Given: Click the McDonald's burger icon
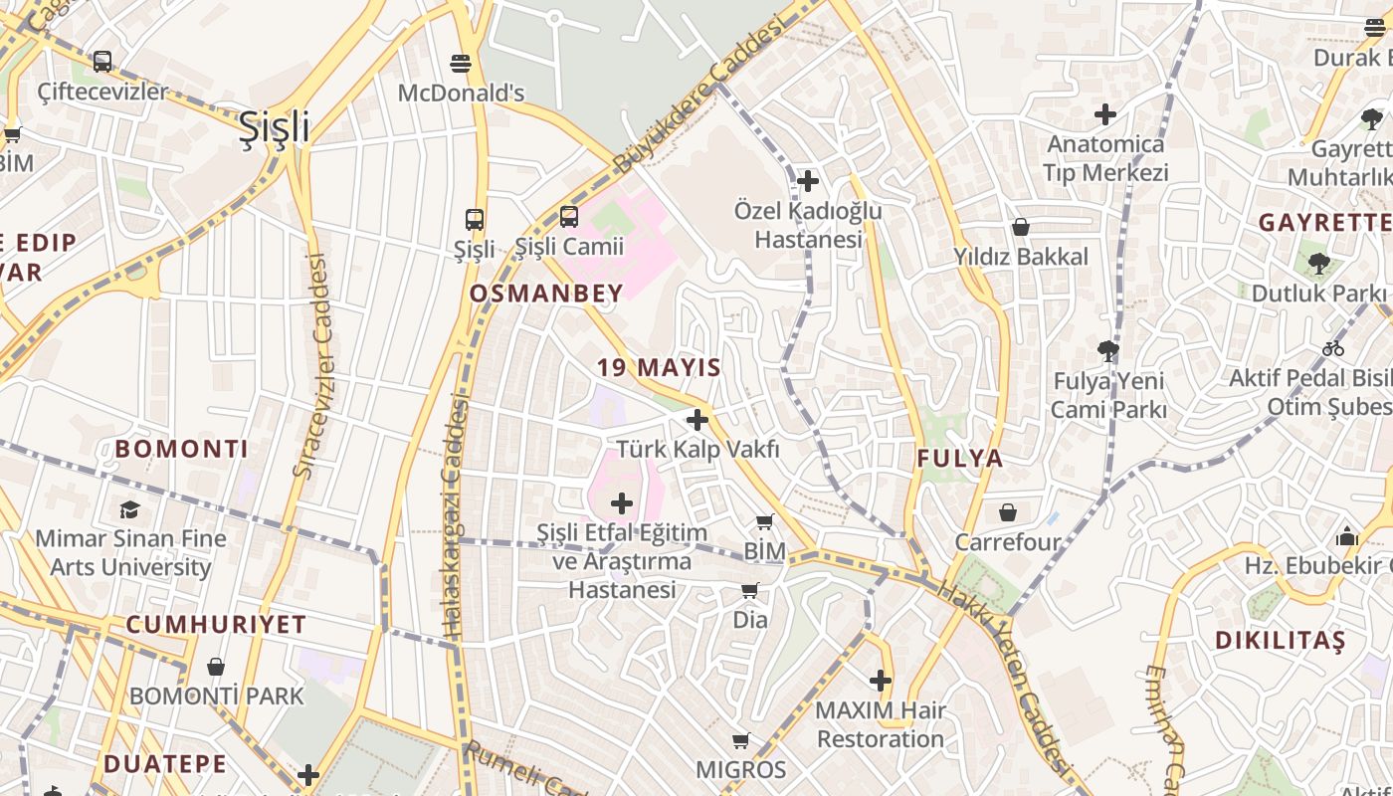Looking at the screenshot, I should (x=460, y=64).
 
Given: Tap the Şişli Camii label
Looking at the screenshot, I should (x=569, y=247).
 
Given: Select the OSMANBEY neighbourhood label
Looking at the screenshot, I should (x=546, y=294).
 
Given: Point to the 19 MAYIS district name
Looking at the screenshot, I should (x=659, y=367).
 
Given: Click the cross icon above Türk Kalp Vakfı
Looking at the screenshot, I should (x=697, y=420).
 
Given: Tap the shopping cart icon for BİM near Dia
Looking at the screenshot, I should (x=764, y=522).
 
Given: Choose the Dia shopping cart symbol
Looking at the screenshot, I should (x=750, y=591).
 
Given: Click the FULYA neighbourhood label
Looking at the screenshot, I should (x=959, y=459).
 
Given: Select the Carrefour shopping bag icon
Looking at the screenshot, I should (x=1008, y=512).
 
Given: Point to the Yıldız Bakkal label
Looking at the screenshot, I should (x=1021, y=257).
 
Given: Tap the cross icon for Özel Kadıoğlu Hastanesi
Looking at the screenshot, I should (x=808, y=181).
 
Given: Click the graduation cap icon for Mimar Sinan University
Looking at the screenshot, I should (x=130, y=510).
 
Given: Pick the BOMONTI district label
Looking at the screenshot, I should (x=181, y=449).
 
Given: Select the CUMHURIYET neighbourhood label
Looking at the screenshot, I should (x=216, y=625).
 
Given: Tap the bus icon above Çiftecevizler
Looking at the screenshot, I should (x=102, y=62).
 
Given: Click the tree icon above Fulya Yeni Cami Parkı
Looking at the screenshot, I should (x=1107, y=350).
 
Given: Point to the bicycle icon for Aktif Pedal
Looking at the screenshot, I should (x=1333, y=348).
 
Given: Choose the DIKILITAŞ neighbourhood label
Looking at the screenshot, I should (x=1280, y=640).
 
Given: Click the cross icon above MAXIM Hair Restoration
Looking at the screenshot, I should (x=881, y=681).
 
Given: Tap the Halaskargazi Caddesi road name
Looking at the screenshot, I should (x=456, y=515).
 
